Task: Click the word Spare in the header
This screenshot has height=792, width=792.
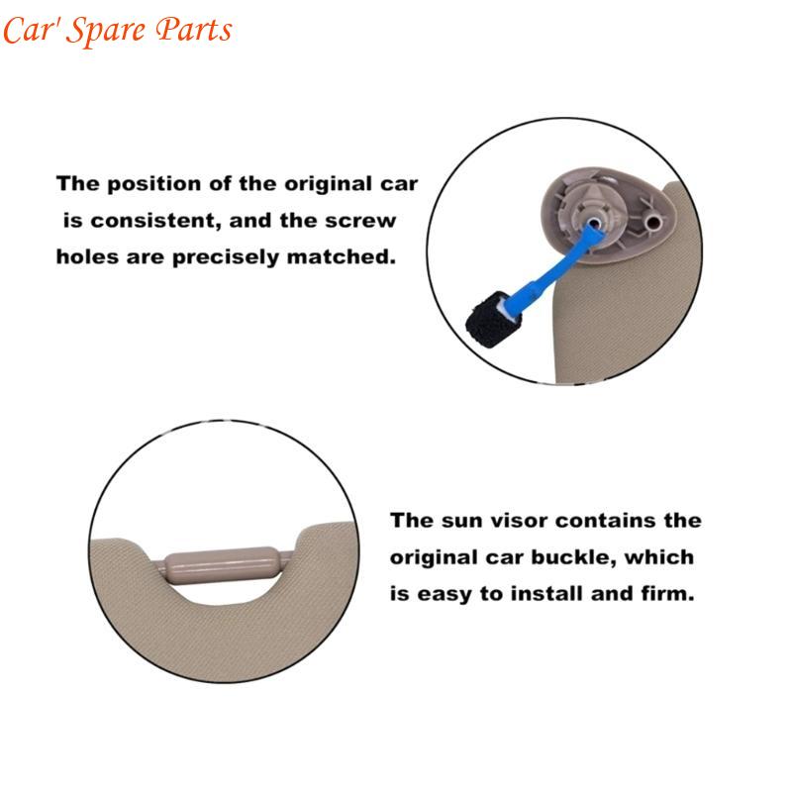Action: tap(106, 32)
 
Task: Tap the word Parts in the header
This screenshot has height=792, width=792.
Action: tap(193, 30)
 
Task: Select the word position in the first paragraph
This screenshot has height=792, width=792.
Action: tap(154, 184)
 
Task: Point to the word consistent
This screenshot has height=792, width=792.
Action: tap(155, 221)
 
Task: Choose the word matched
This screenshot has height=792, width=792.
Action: tap(341, 256)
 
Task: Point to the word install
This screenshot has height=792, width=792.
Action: tap(547, 593)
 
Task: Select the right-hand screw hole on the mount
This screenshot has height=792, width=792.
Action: tap(655, 221)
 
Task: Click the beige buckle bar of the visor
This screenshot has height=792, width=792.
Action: tap(222, 565)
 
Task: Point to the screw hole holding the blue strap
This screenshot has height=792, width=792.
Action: tap(594, 223)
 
